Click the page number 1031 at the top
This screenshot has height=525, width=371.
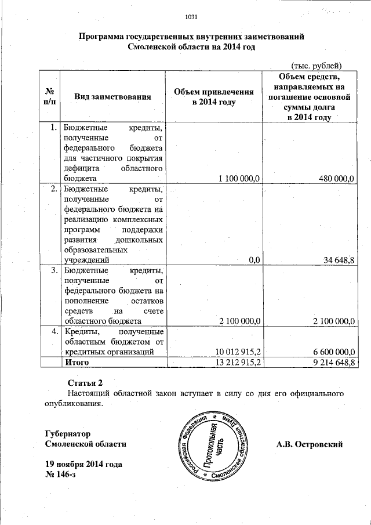(191, 16)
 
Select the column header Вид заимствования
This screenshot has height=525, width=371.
(112, 97)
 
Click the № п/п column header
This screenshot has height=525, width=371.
(50, 97)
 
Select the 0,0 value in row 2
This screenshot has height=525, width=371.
(254, 260)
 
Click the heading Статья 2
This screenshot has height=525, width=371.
(85, 383)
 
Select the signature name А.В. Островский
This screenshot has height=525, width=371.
(310, 444)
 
